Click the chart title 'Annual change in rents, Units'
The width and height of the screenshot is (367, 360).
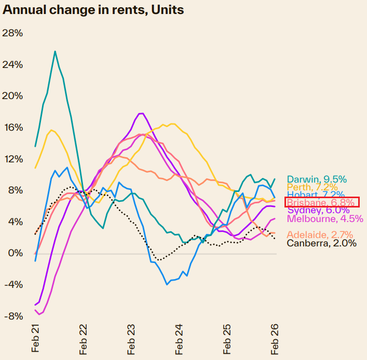[93, 10]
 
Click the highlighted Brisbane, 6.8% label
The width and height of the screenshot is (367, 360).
[322, 202]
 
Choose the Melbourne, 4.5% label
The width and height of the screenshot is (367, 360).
[325, 218]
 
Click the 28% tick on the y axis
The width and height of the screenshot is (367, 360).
[13, 33]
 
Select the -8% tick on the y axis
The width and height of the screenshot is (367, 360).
[13, 316]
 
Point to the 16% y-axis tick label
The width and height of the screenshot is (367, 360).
[13, 128]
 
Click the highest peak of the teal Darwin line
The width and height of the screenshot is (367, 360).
[55, 51]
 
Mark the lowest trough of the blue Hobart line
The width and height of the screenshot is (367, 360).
[167, 284]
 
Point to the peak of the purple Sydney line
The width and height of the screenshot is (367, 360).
[141, 113]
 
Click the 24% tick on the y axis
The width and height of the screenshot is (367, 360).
[13, 65]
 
